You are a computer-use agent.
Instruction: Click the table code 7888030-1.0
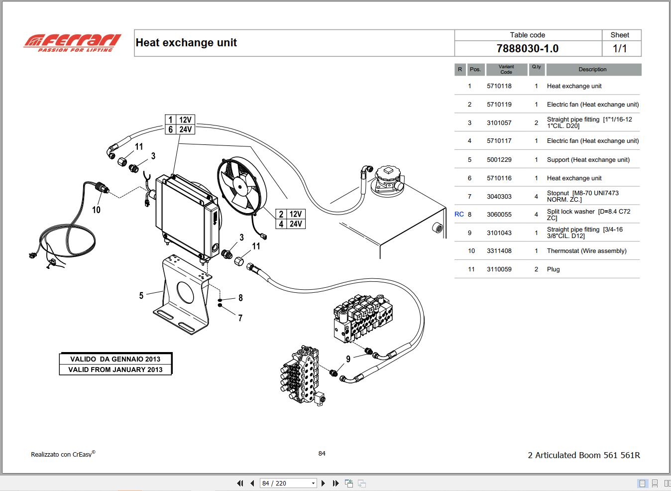[x=527, y=49]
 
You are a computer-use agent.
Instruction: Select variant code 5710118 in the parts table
[x=499, y=86]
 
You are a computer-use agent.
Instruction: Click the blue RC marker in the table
[x=459, y=214]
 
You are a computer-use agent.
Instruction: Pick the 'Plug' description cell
[x=553, y=269]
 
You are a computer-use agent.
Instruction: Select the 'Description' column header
[x=592, y=70]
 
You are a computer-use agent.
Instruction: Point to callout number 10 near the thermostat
[x=96, y=210]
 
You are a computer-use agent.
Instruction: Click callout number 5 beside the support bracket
[x=141, y=296]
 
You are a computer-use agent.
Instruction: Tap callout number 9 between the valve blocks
[x=348, y=359]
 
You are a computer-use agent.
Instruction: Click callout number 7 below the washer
[x=240, y=318]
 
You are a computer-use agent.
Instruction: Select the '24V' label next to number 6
[x=185, y=129]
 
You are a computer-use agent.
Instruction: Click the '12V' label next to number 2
[x=296, y=214]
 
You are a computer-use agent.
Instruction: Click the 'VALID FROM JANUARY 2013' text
[x=115, y=369]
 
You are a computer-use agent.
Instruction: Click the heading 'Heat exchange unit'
[x=186, y=43]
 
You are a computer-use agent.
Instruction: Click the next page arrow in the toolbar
[x=323, y=483]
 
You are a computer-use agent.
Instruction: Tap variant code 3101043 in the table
[x=499, y=233]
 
